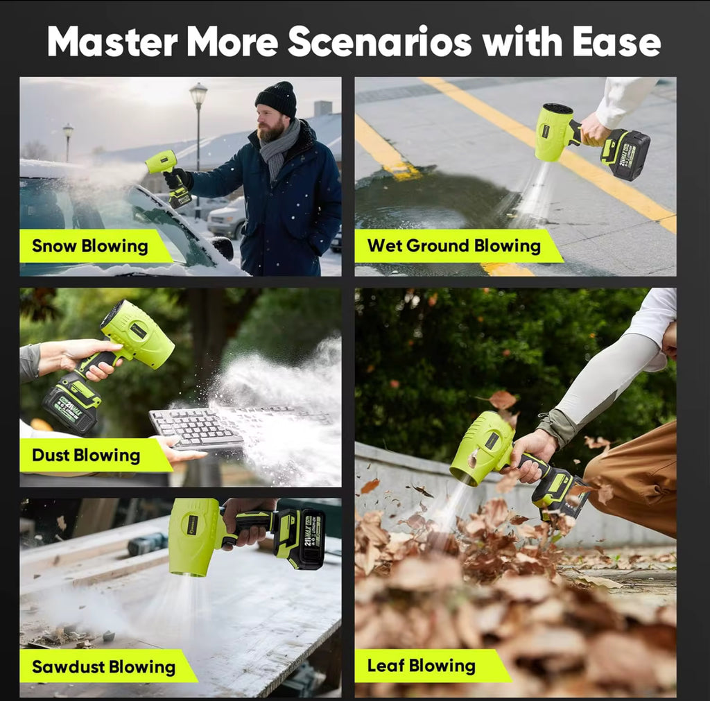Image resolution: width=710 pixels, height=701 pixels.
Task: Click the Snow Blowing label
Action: pos(90,246)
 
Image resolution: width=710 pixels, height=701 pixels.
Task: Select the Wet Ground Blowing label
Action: pos(453,245)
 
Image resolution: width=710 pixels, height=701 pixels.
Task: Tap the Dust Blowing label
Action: pos(86,456)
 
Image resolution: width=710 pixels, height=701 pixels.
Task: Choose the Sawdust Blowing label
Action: pos(103,667)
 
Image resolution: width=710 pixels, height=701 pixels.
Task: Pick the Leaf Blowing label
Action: pos(421,666)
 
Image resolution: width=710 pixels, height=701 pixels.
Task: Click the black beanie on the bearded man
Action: pos(277,98)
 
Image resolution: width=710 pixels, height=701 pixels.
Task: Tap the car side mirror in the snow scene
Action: pos(223,247)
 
